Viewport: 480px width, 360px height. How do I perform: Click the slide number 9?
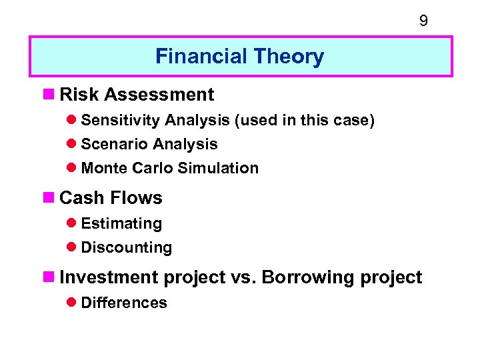pyautogui.click(x=423, y=21)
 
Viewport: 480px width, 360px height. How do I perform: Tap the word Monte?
pyautogui.click(x=104, y=168)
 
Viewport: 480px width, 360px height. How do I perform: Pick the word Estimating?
pyautogui.click(x=121, y=223)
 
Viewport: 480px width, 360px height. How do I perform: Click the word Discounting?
pyautogui.click(x=126, y=247)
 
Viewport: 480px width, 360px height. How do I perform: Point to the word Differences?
pyautogui.click(x=123, y=303)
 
